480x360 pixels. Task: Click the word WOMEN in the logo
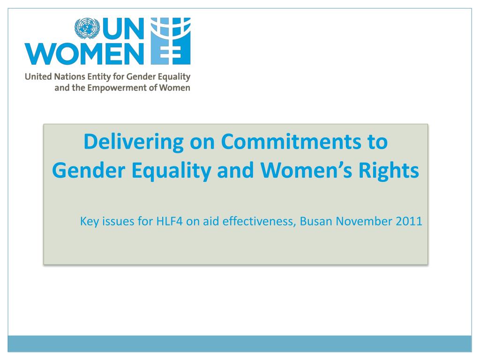pyautogui.click(x=83, y=55)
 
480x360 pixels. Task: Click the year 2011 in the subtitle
pyautogui.click(x=408, y=221)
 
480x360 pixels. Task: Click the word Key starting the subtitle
pyautogui.click(x=89, y=221)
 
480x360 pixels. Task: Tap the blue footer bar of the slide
pyautogui.click(x=240, y=344)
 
